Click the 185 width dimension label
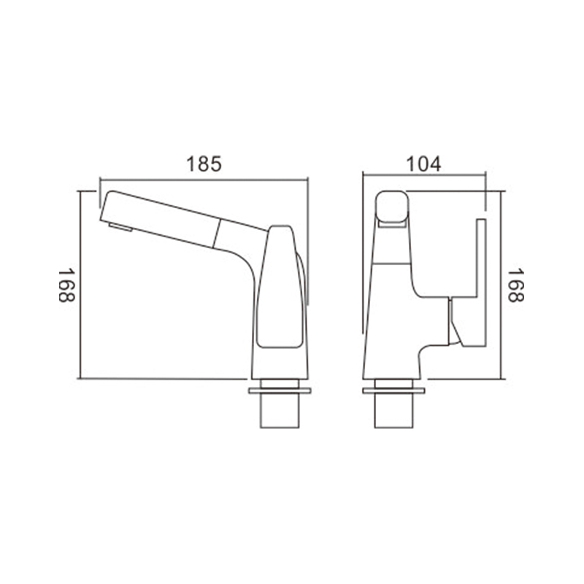(x=204, y=164)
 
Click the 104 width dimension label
(x=423, y=164)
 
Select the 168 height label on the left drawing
(x=66, y=285)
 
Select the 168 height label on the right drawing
(x=516, y=285)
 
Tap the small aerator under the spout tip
(x=120, y=227)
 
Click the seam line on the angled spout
(x=216, y=234)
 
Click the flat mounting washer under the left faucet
(x=280, y=391)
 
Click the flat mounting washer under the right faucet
(x=393, y=391)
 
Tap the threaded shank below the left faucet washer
(x=280, y=410)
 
